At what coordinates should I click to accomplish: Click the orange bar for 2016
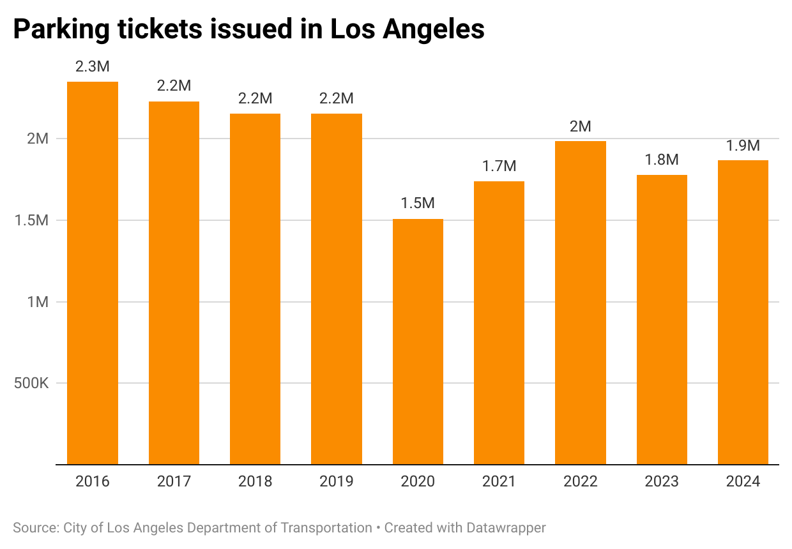click(x=93, y=273)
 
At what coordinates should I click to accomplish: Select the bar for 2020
click(x=418, y=342)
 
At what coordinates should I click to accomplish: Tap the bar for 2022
click(x=580, y=303)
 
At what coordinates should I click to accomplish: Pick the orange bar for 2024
click(x=743, y=312)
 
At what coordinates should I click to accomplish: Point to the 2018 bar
click(x=255, y=289)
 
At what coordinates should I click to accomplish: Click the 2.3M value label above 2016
click(x=93, y=66)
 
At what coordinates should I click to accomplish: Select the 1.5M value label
click(x=418, y=204)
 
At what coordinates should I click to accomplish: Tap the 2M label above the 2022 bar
click(x=580, y=126)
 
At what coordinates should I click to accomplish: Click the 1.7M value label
click(x=499, y=166)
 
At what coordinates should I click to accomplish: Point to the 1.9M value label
click(x=743, y=146)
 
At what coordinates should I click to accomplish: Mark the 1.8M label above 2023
click(x=662, y=160)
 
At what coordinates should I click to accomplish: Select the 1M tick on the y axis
click(x=38, y=302)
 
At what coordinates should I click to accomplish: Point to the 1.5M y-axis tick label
click(x=31, y=220)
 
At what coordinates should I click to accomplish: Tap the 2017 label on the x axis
click(x=174, y=481)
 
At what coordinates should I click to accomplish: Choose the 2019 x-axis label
click(x=336, y=481)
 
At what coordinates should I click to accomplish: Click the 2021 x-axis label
click(x=499, y=481)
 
